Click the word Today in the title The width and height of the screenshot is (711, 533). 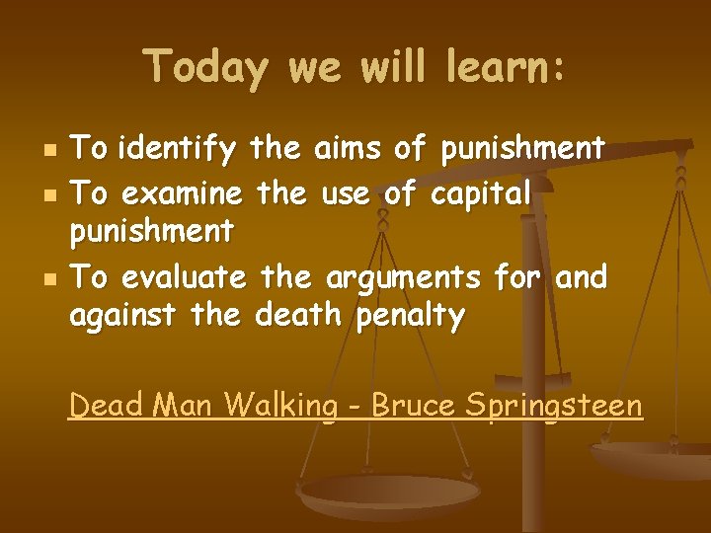pyautogui.click(x=205, y=67)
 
